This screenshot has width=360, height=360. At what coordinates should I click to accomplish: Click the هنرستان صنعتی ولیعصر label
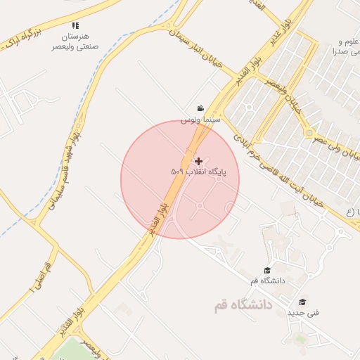point(75,40)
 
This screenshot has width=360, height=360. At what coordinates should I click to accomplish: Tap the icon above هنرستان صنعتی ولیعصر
point(75,26)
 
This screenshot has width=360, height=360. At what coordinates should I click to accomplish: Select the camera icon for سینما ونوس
point(201,108)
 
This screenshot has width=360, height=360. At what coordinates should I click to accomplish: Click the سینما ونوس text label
point(202,120)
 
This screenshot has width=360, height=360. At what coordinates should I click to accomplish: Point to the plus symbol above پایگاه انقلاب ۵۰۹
point(198,161)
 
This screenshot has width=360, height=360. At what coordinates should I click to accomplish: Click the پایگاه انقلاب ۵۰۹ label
point(193,172)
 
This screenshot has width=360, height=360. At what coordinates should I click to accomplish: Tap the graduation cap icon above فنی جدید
point(303,301)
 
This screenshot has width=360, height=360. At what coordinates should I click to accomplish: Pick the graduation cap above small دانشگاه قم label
point(266,271)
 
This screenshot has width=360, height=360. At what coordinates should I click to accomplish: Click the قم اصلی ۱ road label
point(39,277)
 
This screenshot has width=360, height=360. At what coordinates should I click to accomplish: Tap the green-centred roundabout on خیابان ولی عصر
point(309,132)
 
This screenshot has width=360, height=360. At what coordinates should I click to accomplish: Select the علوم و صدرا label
point(347,46)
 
